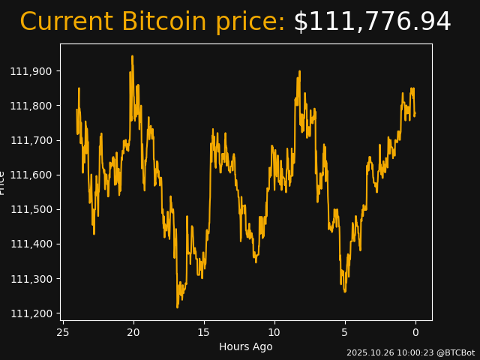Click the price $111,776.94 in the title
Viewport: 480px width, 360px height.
[x=372, y=22]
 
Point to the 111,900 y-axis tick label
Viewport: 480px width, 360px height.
[x=31, y=71]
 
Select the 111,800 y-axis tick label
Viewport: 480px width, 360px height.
[x=31, y=106]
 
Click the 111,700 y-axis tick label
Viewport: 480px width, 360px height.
[x=31, y=140]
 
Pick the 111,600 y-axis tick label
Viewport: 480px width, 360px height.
[x=31, y=175]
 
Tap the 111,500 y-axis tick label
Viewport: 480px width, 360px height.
[x=31, y=209]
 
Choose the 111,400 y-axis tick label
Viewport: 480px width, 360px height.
[x=31, y=244]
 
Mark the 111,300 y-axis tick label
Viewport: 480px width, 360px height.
[x=31, y=279]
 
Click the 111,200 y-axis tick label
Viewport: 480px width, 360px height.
[x=31, y=313]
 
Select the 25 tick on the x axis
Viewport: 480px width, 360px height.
[x=63, y=332]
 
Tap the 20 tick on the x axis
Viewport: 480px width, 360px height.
[x=133, y=332]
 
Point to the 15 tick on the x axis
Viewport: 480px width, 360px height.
[x=204, y=332]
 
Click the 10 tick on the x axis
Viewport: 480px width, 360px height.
[x=274, y=332]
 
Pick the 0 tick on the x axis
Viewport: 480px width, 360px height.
[x=415, y=332]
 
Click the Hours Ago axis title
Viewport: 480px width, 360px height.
[x=246, y=346]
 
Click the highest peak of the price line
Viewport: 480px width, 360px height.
[x=132, y=56]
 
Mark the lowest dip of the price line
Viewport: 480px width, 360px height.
[x=178, y=307]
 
